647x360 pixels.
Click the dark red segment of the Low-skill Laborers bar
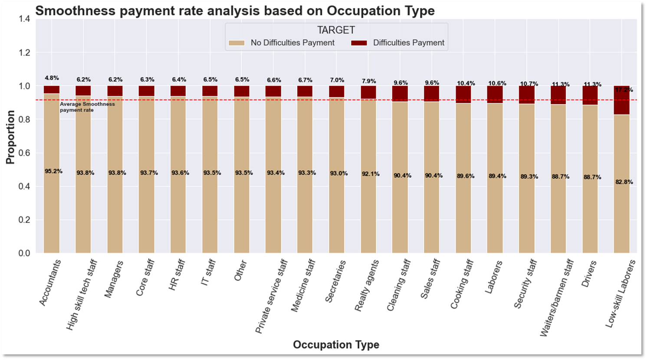pyautogui.click(x=621, y=104)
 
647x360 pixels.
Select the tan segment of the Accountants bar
pyautogui.click(x=52, y=208)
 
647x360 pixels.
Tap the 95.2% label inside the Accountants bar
pyautogui.click(x=53, y=171)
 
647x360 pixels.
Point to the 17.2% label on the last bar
pyautogui.click(x=624, y=90)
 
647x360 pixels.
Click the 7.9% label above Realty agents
pyautogui.click(x=369, y=81)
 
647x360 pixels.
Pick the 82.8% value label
pyautogui.click(x=624, y=182)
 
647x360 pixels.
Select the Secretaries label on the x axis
pyautogui.click(x=335, y=281)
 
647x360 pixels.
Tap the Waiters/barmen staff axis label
pyautogui.click(x=557, y=298)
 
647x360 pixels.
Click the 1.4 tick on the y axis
pyautogui.click(x=24, y=19)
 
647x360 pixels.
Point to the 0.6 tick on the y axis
pyautogui.click(x=24, y=153)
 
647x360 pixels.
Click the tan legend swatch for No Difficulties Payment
pyautogui.click(x=236, y=43)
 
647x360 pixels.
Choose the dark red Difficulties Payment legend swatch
pyautogui.click(x=359, y=43)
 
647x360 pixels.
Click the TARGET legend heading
pyautogui.click(x=336, y=30)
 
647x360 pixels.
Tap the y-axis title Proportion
pyautogui.click(x=10, y=137)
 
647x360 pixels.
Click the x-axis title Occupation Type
pyautogui.click(x=336, y=345)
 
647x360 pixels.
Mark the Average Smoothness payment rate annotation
pyautogui.click(x=87, y=107)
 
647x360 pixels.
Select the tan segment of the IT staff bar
pyautogui.click(x=210, y=208)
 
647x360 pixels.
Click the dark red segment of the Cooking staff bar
pyautogui.click(x=463, y=94)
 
